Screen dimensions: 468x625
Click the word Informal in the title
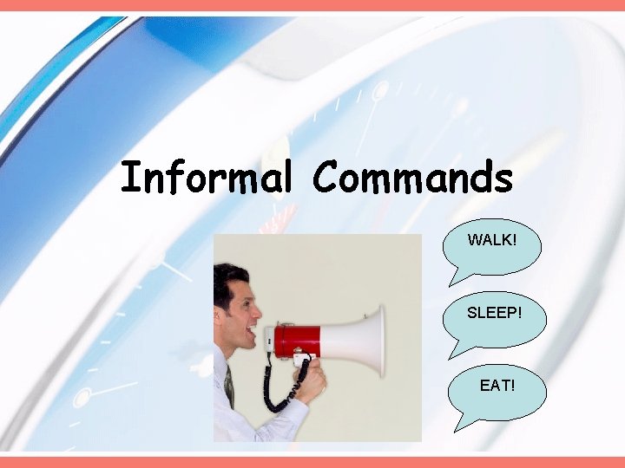[x=206, y=179]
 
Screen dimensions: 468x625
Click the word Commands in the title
[x=412, y=179]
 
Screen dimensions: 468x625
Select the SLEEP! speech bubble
[x=494, y=316]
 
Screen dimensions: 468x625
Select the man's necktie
[x=229, y=386]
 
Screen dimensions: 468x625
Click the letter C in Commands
[x=326, y=179]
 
